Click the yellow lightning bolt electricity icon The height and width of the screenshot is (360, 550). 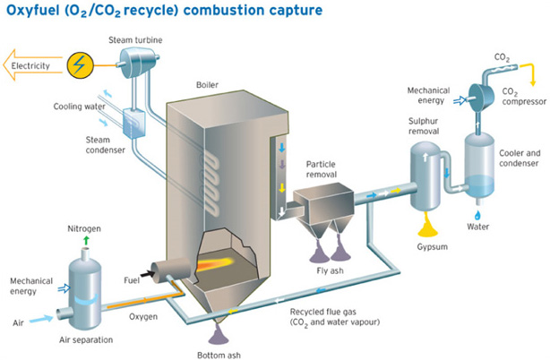80,65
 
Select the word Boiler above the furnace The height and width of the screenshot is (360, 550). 207,85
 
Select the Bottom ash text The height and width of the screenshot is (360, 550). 217,352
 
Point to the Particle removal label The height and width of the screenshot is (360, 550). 328,170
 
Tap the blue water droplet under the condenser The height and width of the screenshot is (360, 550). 477,216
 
